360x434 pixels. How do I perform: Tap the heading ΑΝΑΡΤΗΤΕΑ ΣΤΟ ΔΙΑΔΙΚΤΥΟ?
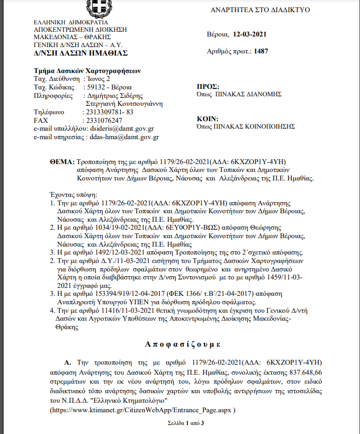260,10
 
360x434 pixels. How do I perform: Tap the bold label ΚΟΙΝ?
208,119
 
